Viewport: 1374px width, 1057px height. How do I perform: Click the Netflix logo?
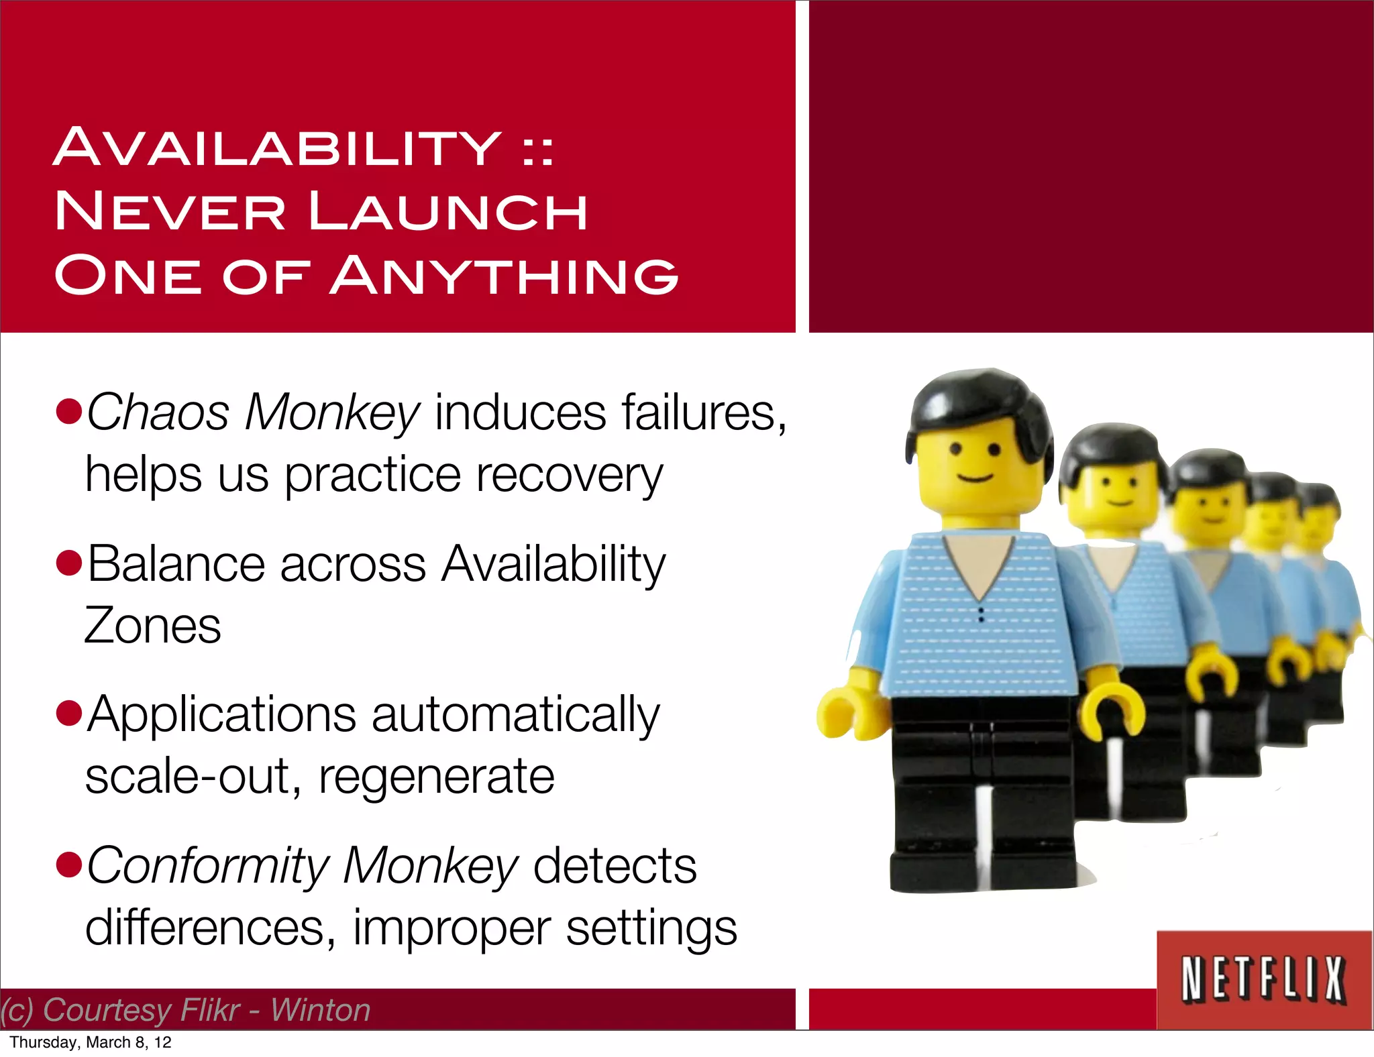(x=1264, y=980)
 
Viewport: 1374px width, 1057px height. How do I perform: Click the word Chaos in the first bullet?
(x=158, y=412)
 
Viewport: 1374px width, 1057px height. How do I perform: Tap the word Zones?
(x=153, y=625)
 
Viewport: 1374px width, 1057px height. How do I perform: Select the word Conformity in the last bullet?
(x=208, y=866)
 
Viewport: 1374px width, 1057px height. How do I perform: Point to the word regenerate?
(x=437, y=777)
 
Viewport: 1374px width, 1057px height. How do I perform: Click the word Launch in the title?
(x=448, y=211)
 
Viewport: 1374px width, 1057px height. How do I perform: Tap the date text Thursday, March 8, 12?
(x=91, y=1042)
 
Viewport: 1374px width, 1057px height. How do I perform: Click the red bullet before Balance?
(x=69, y=563)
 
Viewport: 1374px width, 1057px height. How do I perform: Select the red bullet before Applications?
(x=69, y=714)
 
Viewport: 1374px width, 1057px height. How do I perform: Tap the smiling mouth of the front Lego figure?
(x=975, y=478)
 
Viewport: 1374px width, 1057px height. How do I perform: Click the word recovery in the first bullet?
(x=570, y=475)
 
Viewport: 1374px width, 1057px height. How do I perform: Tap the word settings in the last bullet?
(x=651, y=928)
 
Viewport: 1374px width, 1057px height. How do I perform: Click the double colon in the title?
(x=538, y=151)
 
